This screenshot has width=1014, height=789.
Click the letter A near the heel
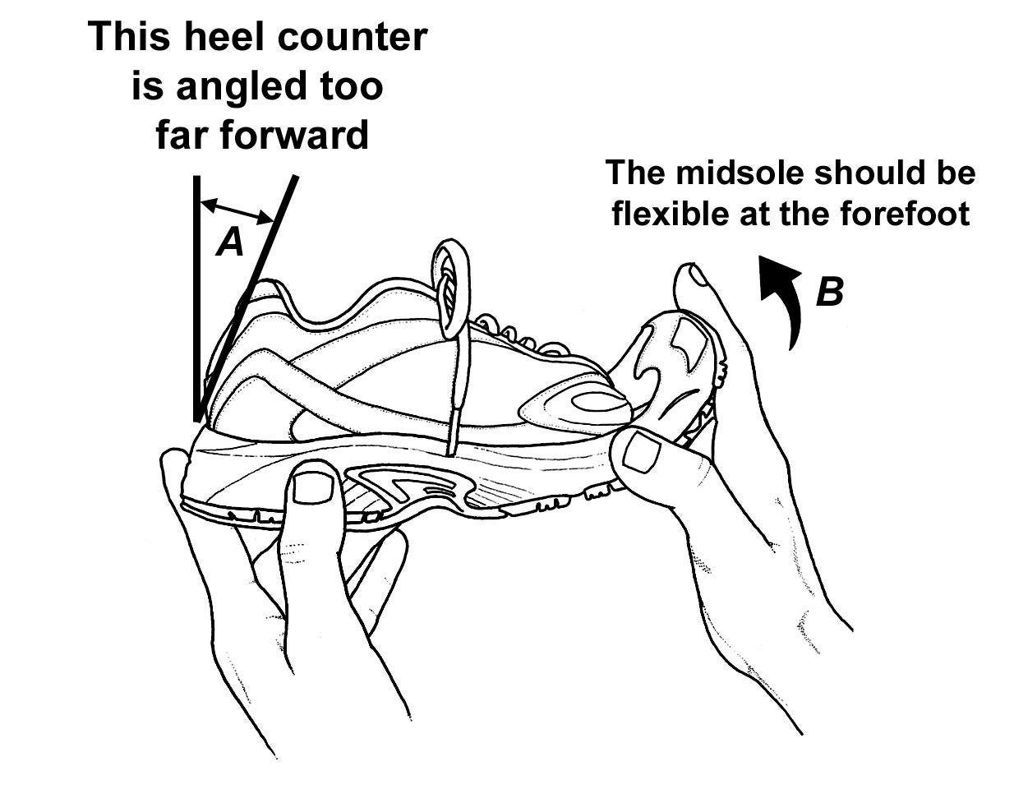point(230,242)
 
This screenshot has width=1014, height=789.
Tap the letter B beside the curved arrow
point(829,292)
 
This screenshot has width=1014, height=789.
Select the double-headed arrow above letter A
point(237,210)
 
